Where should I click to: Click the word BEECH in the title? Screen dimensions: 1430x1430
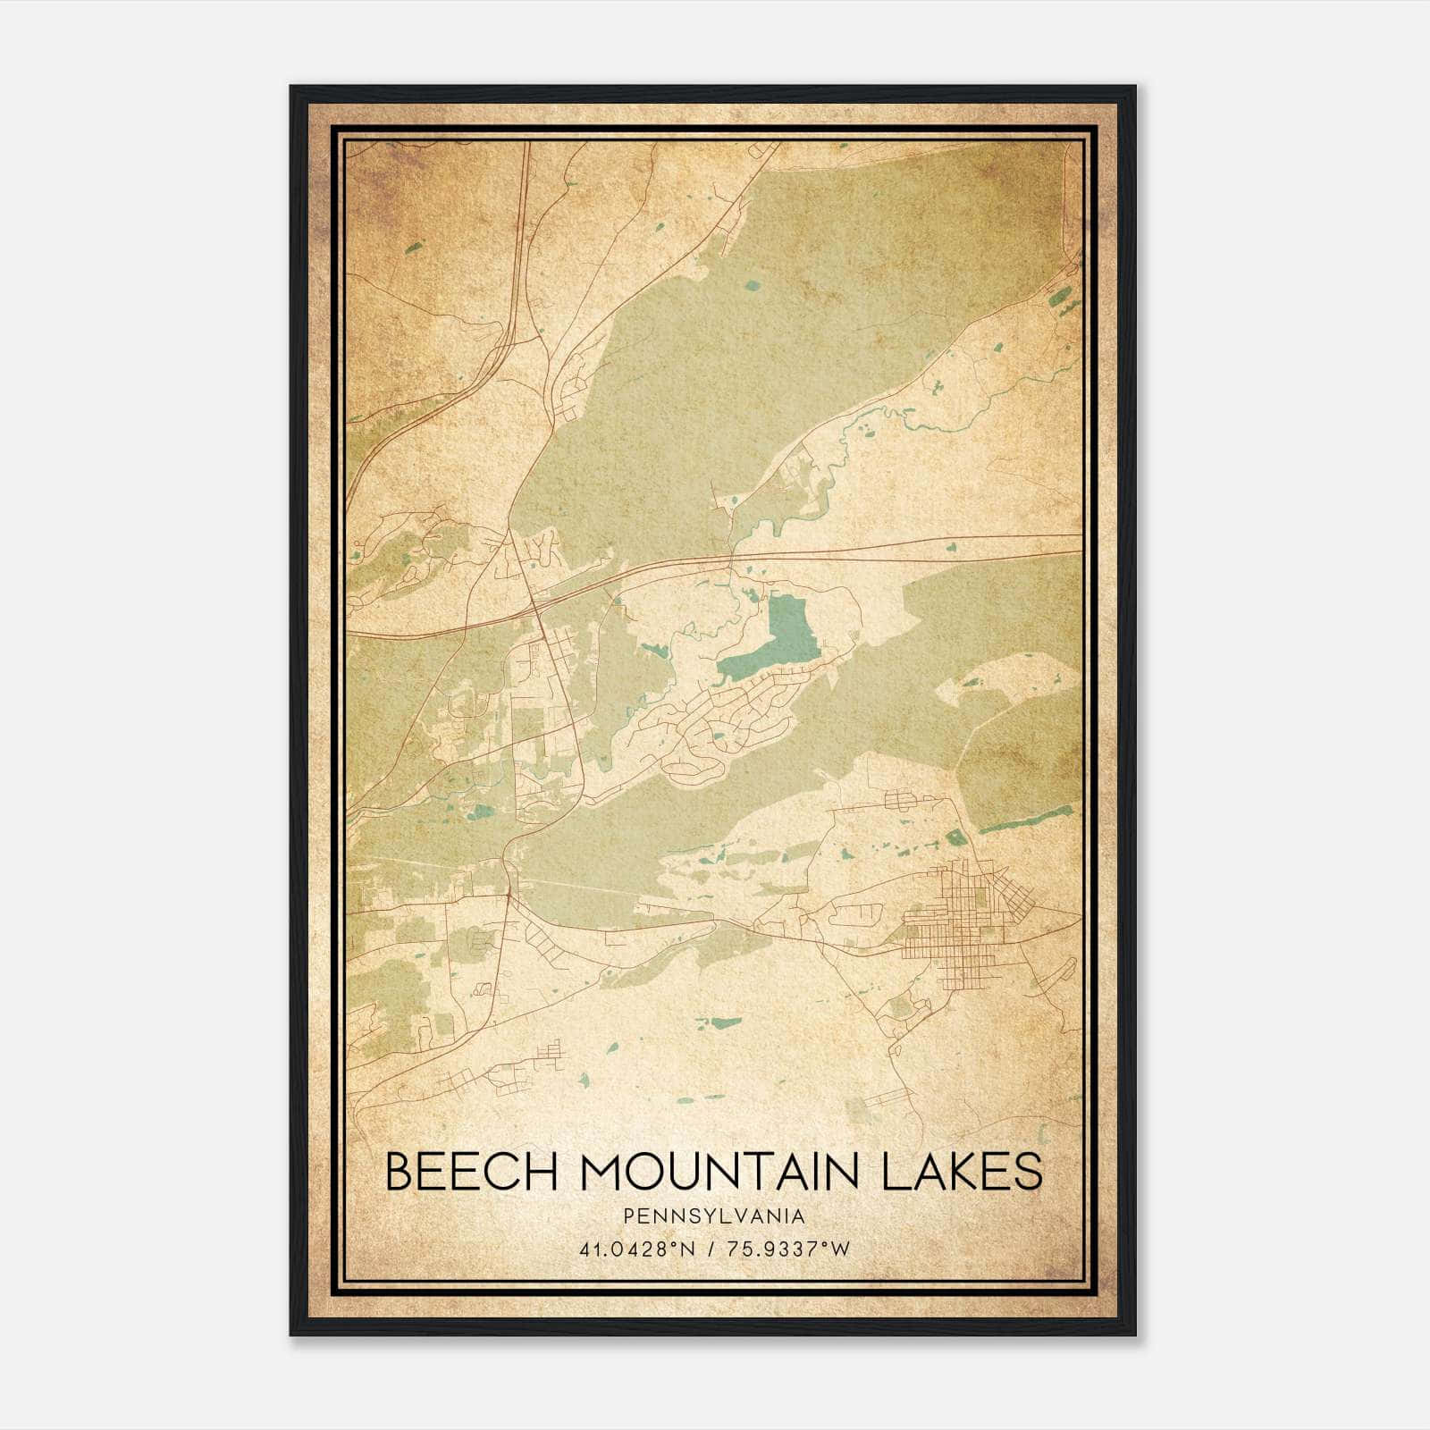454,1172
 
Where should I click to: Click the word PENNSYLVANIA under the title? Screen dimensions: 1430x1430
714,1216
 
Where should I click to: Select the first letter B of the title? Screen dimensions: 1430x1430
400,1172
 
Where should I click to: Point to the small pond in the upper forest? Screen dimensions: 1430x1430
753,286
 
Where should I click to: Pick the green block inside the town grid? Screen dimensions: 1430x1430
977,894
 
